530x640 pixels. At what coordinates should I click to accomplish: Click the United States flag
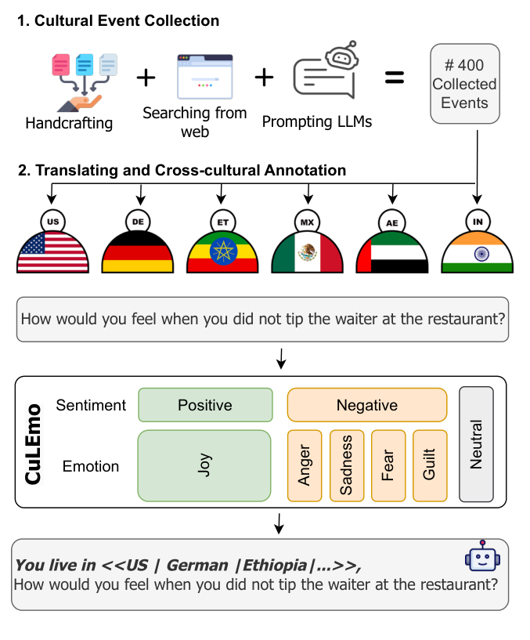tap(52, 252)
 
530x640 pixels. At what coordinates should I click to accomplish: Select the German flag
tap(139, 252)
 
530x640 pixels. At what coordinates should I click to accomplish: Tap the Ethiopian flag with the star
tap(223, 252)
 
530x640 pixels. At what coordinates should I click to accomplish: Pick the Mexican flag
tap(307, 252)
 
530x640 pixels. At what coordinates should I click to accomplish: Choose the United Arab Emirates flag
tap(392, 252)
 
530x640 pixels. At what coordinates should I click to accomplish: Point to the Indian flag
tap(477, 252)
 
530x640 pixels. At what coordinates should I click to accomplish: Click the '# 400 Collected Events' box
tap(464, 84)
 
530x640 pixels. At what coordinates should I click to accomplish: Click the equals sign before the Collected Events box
tap(394, 78)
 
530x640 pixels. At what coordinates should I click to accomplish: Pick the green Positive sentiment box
tap(205, 405)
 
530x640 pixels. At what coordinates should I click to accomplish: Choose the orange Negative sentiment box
tap(366, 405)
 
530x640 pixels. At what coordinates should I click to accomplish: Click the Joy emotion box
tap(205, 465)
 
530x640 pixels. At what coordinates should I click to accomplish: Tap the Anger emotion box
tap(305, 465)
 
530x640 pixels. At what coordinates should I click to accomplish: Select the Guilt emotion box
tap(429, 465)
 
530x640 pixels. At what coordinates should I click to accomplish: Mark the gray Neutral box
tap(476, 443)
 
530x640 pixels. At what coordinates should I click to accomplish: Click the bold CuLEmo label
tap(34, 444)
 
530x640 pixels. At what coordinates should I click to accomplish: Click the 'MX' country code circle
tap(308, 222)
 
